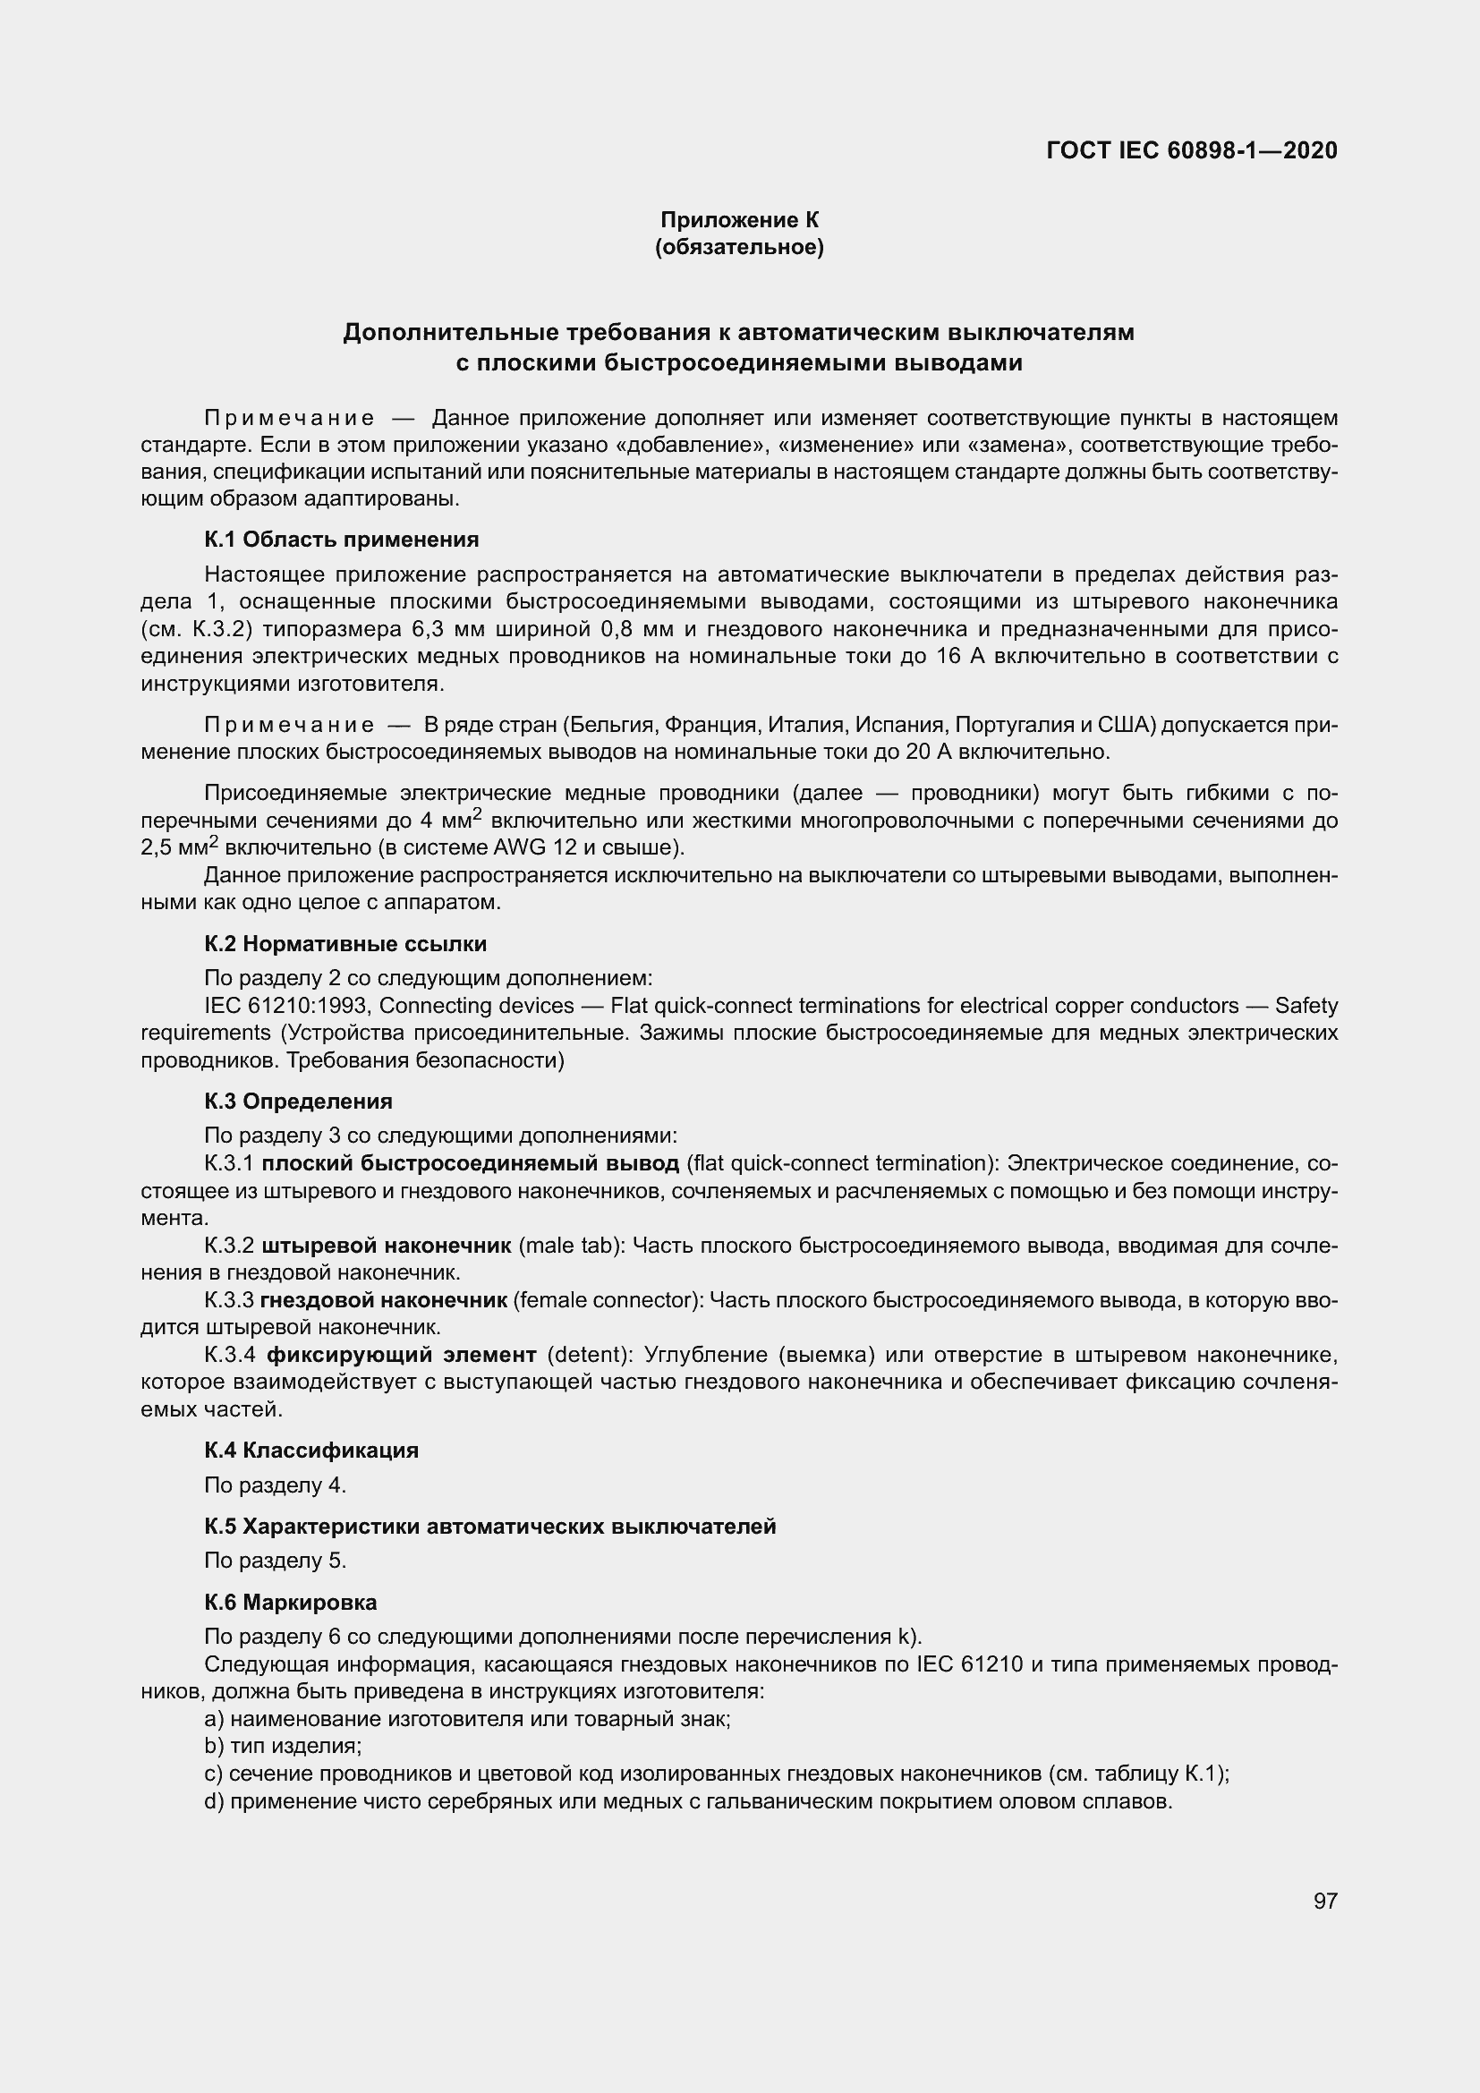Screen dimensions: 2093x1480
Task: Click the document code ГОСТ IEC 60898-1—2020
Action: point(1191,150)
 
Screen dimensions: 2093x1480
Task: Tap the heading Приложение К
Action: point(739,220)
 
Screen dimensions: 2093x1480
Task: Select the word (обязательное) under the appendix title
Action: point(739,247)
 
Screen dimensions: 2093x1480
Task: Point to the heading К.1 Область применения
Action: point(341,540)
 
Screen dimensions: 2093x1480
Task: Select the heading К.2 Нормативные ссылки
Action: point(345,943)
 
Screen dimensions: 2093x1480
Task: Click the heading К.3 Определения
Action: point(298,1102)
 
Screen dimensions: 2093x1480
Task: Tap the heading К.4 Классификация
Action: point(310,1450)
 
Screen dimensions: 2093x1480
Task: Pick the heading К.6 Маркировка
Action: point(290,1602)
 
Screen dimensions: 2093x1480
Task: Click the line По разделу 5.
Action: point(276,1561)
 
